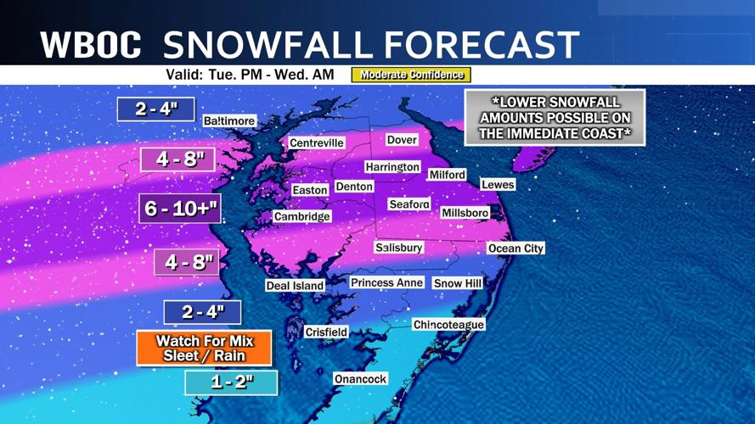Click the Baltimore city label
(x=229, y=121)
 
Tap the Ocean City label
(x=516, y=248)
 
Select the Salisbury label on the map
(x=398, y=248)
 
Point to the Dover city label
(x=402, y=139)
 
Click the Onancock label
(x=360, y=379)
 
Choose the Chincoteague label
(x=448, y=325)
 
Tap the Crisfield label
(x=326, y=332)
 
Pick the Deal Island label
(x=295, y=286)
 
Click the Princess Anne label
(x=386, y=282)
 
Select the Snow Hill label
(x=458, y=283)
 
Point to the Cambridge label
(x=301, y=217)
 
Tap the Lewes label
(x=498, y=185)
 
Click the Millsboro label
(x=465, y=213)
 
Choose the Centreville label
(x=317, y=143)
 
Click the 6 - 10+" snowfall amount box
(x=180, y=209)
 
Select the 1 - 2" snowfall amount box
(x=231, y=382)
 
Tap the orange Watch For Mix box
(x=205, y=349)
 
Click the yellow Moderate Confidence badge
(x=411, y=75)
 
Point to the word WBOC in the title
(x=90, y=45)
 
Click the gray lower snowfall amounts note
(x=555, y=117)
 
